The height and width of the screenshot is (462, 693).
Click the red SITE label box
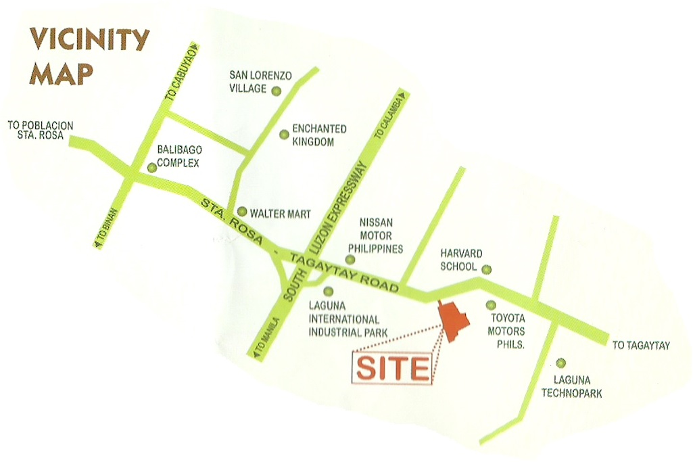point(393,369)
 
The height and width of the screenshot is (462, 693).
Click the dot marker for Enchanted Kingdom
point(284,134)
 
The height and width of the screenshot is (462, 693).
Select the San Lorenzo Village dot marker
point(276,91)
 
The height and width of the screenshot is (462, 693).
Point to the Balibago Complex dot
point(151,166)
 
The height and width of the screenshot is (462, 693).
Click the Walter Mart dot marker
point(241,211)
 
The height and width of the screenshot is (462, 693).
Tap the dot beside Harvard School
point(486,269)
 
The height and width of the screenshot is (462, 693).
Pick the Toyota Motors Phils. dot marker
point(491,306)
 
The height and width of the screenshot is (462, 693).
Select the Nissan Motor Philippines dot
point(350,259)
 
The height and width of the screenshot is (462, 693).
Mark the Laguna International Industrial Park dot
point(328,292)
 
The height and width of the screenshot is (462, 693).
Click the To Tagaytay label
point(641,346)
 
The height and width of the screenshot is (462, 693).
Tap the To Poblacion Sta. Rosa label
point(40,130)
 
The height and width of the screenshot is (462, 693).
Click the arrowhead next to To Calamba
point(401,93)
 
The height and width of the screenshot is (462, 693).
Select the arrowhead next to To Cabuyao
point(195,47)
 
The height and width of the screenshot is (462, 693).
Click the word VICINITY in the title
point(89,40)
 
